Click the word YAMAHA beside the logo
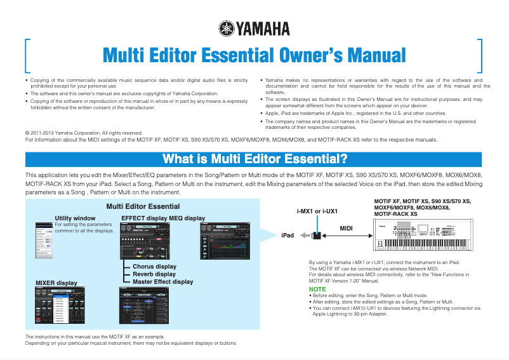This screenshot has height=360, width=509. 262,29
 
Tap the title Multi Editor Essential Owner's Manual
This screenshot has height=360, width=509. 254,55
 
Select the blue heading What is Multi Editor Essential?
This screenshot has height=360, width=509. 254,158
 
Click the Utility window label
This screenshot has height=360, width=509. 75,218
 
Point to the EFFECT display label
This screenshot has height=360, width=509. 144,218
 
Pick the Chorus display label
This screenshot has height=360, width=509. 154,267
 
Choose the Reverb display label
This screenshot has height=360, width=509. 154,274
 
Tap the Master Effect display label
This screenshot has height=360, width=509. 162,282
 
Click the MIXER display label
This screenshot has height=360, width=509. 56,283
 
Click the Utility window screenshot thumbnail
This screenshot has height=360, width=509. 44,239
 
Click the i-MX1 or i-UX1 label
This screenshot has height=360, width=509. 317,211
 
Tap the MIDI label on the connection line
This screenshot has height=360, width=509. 346,227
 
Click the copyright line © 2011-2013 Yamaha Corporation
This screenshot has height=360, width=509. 83,132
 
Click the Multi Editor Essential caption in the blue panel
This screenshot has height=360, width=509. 143,206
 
